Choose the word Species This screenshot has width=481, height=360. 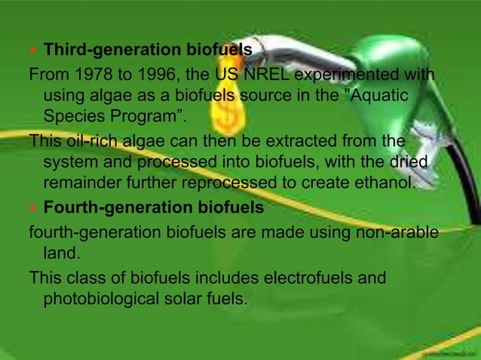[73, 117]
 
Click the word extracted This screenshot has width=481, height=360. [293, 140]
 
